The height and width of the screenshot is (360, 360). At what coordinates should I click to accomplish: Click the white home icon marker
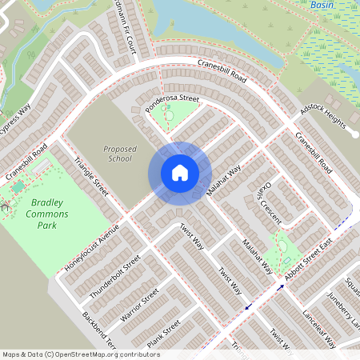point(180,173)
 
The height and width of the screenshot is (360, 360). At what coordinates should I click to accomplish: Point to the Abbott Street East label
point(320,252)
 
